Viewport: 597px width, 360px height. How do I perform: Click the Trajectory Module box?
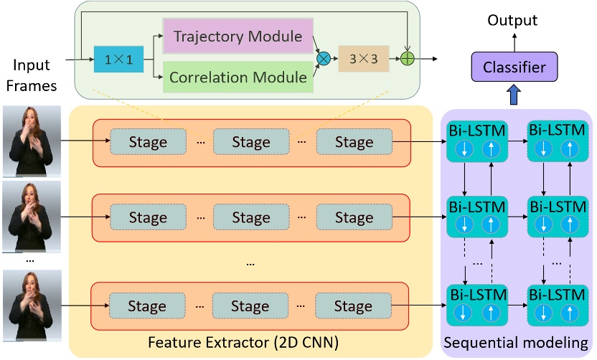239,36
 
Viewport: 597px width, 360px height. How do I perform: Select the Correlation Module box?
239,76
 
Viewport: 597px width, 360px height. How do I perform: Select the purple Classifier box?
514,68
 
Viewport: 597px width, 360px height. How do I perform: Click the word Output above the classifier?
512,21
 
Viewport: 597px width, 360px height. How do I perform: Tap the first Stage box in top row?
147,142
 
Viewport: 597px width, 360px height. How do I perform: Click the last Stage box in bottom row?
354,306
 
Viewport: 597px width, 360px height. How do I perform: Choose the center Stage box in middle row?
250,217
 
